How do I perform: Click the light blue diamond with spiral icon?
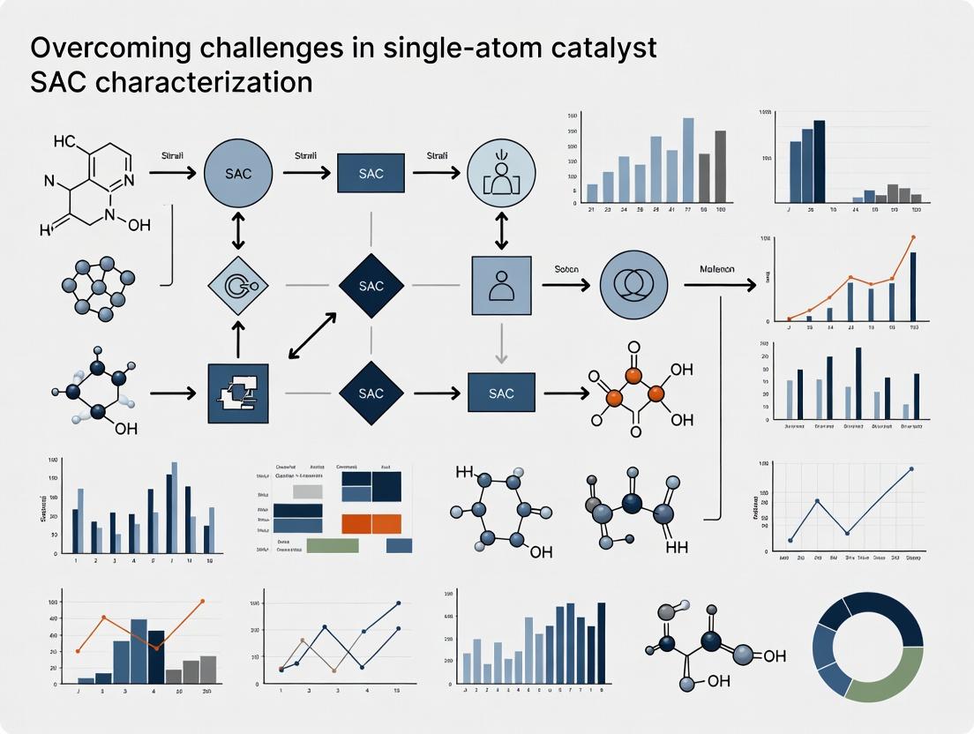pos(237,286)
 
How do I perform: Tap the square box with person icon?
pos(501,286)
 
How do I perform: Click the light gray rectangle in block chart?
pos(308,491)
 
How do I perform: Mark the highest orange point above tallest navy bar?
pos(912,237)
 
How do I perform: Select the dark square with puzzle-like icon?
pos(237,393)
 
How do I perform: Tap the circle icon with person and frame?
pos(501,174)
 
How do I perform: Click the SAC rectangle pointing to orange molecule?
pos(501,393)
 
